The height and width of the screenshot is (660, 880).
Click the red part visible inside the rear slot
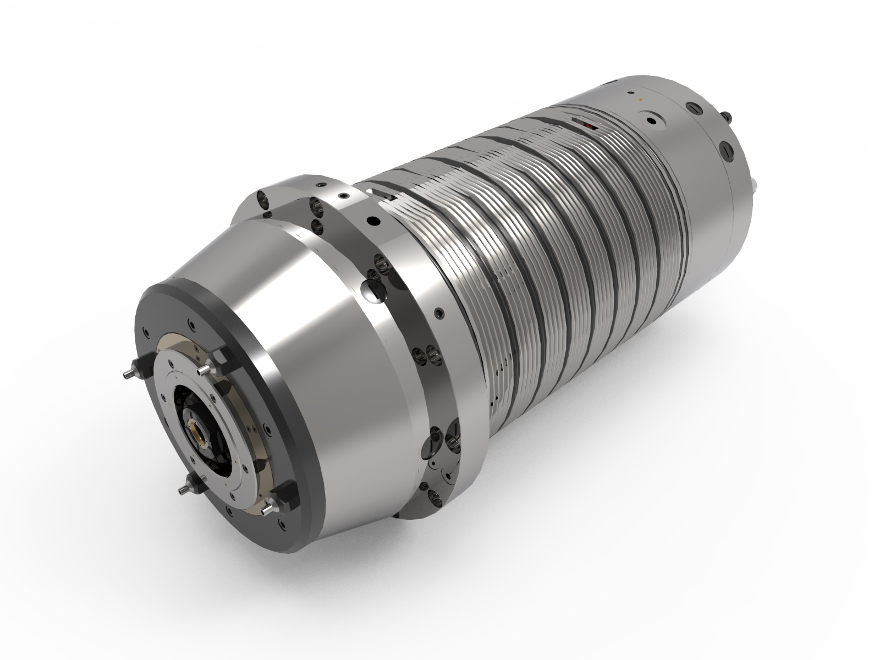(590, 127)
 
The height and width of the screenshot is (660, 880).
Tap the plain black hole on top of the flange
(374, 220)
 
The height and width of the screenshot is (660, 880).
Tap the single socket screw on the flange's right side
(438, 313)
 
